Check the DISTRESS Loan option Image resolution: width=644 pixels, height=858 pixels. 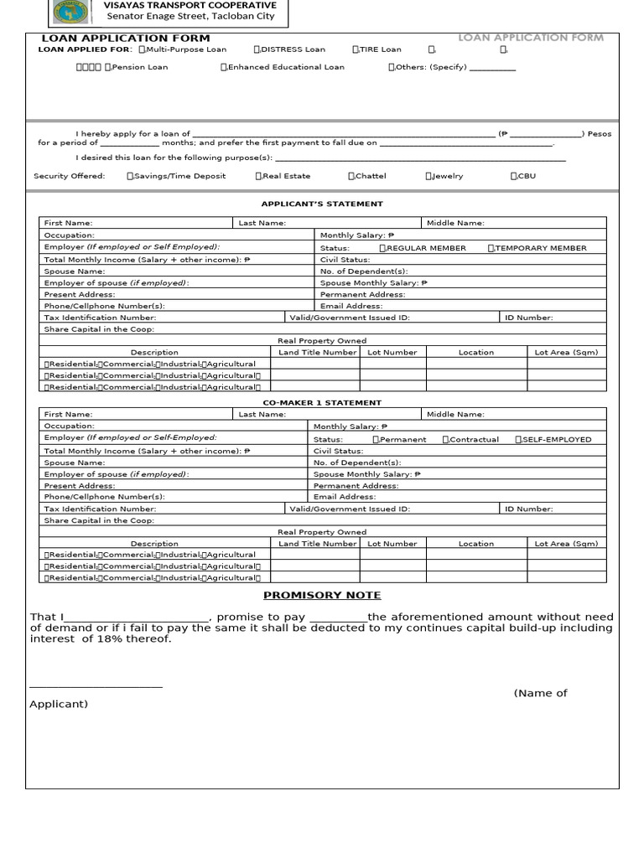click(257, 49)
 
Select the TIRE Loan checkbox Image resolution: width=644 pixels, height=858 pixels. click(356, 49)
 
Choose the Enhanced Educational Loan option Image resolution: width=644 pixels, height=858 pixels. click(224, 67)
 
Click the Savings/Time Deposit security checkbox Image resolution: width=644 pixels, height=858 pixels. click(130, 176)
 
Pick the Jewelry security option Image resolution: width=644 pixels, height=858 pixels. click(428, 176)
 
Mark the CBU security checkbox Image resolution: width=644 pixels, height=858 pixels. click(513, 176)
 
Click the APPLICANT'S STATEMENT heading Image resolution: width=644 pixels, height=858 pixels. click(322, 204)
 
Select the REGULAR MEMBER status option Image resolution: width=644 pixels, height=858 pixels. click(382, 248)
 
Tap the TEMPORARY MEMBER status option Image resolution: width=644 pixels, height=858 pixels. click(491, 248)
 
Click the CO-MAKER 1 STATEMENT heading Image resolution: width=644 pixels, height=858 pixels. click(322, 403)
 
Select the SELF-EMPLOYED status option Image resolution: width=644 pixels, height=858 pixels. click(519, 439)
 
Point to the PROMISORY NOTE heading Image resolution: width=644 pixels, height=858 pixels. click(322, 595)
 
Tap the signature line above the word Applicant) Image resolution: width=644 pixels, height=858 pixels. click(96, 687)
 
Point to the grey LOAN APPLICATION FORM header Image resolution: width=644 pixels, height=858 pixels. click(530, 38)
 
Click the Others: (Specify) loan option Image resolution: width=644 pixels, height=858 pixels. click(392, 67)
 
